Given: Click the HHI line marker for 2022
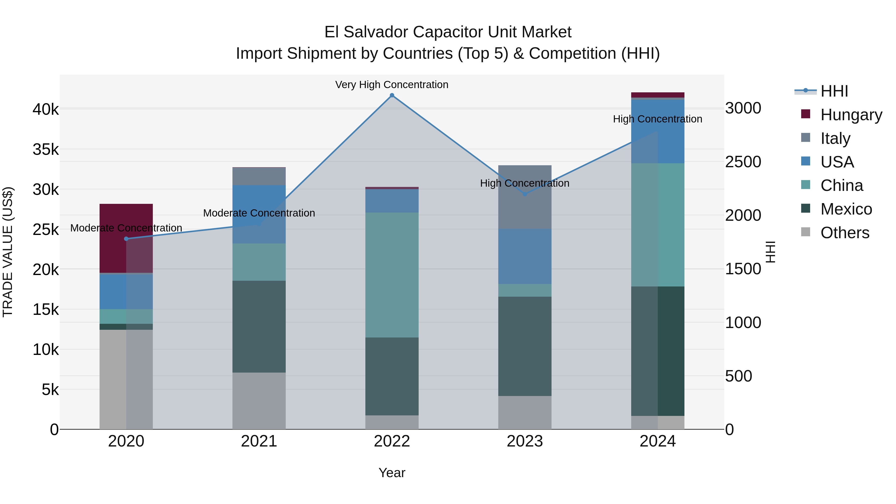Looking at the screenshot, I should click(x=392, y=95).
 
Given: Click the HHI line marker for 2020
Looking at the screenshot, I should click(x=126, y=239).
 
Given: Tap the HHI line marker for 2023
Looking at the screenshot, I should click(x=525, y=194).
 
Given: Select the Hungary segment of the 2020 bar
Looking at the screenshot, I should click(x=126, y=238).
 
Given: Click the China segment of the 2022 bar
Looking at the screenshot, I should click(x=392, y=275).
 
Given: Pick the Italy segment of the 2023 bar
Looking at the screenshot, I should click(x=525, y=197).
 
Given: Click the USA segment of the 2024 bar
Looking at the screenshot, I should click(x=658, y=131).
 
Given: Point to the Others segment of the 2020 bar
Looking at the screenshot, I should click(x=126, y=379).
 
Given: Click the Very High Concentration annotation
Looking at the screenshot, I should click(x=392, y=85).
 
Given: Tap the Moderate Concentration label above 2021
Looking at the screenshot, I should click(x=259, y=213).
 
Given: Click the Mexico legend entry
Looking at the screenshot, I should click(x=846, y=209).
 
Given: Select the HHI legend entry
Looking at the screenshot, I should click(x=834, y=91).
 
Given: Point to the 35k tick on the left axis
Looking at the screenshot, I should click(x=46, y=150).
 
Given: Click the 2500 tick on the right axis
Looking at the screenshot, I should click(x=743, y=162).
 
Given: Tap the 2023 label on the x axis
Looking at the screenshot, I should click(x=525, y=441).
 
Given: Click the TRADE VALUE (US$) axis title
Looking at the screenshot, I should click(x=8, y=252).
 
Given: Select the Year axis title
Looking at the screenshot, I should click(x=392, y=473).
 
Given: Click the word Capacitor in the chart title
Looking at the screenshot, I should click(x=448, y=32).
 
